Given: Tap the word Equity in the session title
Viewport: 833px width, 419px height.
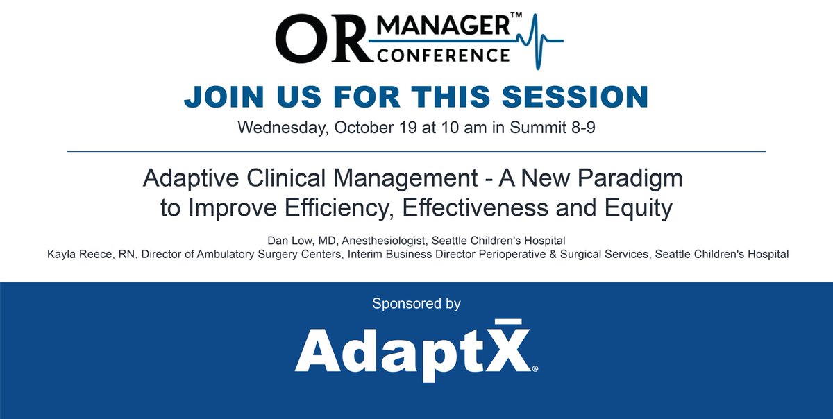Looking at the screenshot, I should pos(635,207).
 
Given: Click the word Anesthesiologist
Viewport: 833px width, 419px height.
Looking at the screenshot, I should pos(385,240).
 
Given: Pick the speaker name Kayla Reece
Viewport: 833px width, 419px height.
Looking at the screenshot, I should pos(76,254).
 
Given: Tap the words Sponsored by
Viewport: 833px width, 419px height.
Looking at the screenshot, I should pos(416,303).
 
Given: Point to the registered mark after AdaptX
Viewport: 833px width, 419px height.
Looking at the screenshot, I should pos(534,369).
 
